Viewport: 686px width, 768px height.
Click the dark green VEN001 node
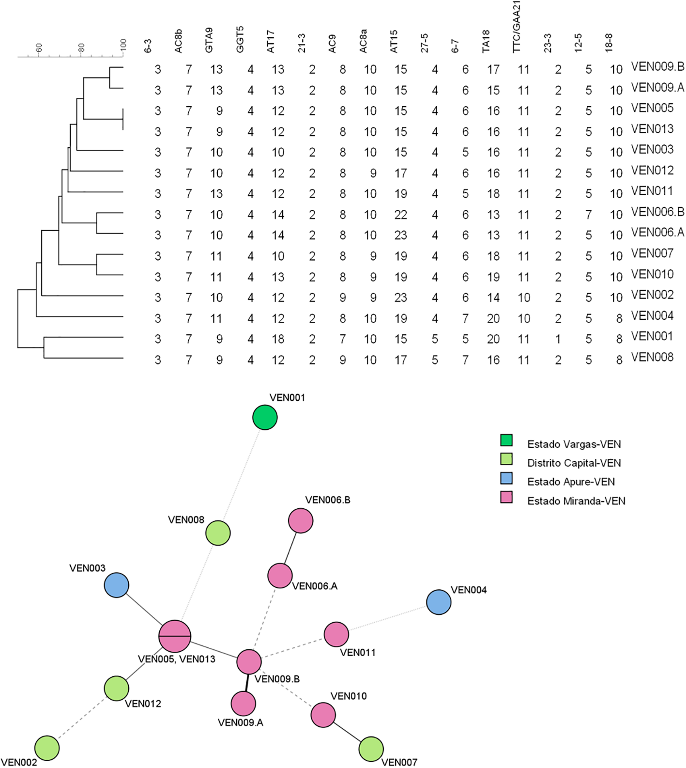[x=265, y=418]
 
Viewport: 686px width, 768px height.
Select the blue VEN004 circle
[x=439, y=602]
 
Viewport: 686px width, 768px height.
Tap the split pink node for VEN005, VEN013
[x=175, y=636]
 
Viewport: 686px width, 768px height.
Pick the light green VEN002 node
[x=47, y=748]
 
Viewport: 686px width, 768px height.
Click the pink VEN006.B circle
[x=301, y=521]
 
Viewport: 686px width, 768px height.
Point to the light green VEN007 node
[x=371, y=749]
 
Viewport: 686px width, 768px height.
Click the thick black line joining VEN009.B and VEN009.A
[x=246, y=683]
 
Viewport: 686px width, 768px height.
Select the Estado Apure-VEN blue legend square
[x=506, y=479]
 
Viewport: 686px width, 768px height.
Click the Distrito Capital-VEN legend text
[x=574, y=463]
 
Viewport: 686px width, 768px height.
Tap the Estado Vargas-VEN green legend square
[x=506, y=440]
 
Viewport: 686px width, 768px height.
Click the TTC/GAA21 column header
[x=517, y=27]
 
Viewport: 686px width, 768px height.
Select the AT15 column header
[x=394, y=41]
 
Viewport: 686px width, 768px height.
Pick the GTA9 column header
[x=209, y=40]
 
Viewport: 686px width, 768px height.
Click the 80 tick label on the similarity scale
[x=81, y=47]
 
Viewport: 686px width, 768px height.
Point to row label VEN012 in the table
[x=652, y=171]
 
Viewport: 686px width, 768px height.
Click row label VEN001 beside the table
[x=652, y=336]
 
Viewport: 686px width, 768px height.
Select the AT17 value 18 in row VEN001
[x=278, y=339]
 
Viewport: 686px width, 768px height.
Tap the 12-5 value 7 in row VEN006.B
[x=589, y=215]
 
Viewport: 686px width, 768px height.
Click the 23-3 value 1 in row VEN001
[x=558, y=339]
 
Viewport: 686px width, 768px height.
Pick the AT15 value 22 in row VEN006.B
[x=400, y=215]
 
